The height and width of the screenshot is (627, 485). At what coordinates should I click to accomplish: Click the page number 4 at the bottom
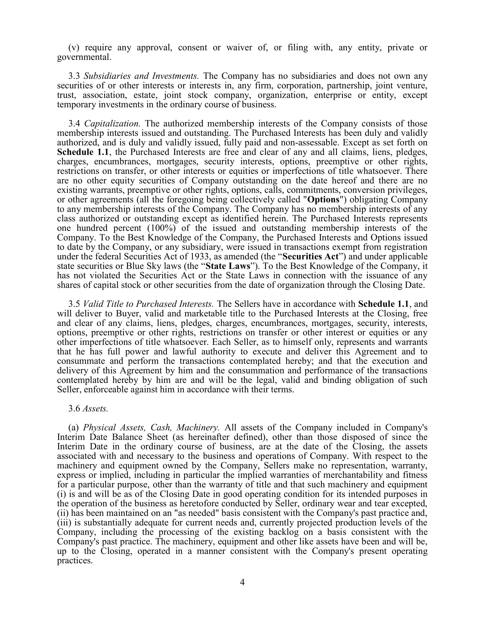pyautogui.click(x=242, y=582)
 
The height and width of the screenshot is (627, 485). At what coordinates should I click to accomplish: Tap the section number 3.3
pyautogui.click(x=74, y=76)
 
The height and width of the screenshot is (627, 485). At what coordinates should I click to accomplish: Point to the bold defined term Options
pyautogui.click(x=323, y=199)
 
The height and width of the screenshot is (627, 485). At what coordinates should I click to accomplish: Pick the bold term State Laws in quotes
pyautogui.click(x=228, y=266)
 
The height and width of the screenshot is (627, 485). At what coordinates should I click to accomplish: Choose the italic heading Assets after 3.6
pyautogui.click(x=95, y=408)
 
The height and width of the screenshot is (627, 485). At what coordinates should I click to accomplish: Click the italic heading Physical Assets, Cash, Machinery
pyautogui.click(x=151, y=427)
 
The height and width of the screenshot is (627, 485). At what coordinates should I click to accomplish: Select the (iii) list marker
pyautogui.click(x=63, y=522)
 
